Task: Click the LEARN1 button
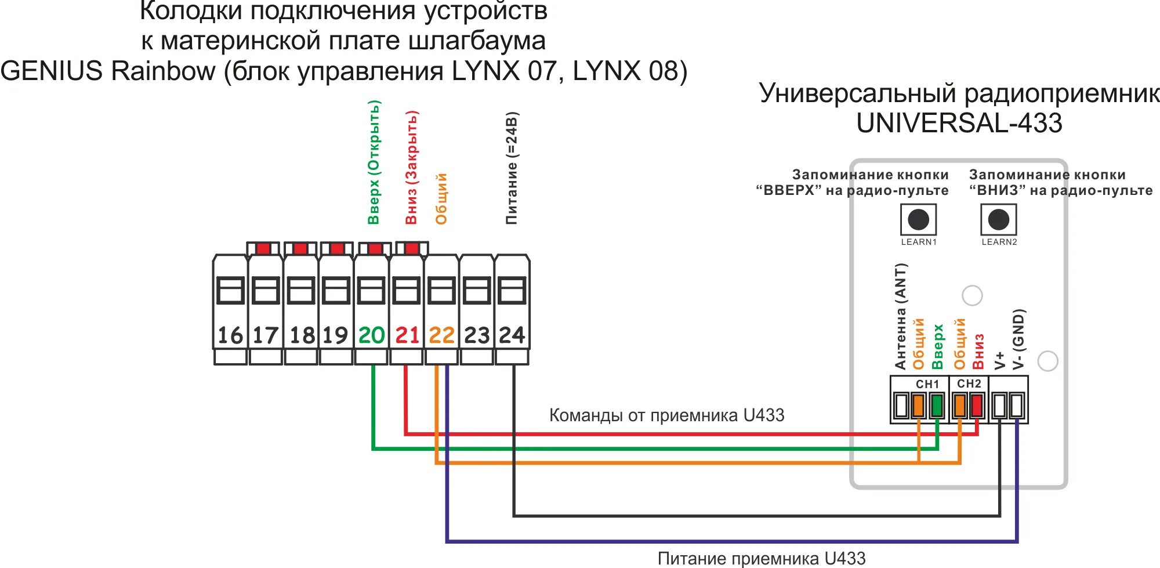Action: click(x=918, y=220)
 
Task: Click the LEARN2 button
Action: click(x=998, y=220)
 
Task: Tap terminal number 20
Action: click(x=371, y=335)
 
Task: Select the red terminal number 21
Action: click(x=407, y=335)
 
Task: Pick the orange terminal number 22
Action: click(x=441, y=335)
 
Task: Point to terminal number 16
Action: click(x=230, y=335)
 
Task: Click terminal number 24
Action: click(x=512, y=335)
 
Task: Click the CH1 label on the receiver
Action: click(x=927, y=384)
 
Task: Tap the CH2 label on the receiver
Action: click(x=969, y=384)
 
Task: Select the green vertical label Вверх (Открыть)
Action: click(x=374, y=162)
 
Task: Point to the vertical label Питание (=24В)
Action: click(x=512, y=168)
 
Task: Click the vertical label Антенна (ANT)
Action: click(x=900, y=316)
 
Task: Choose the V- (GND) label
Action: click(x=1018, y=339)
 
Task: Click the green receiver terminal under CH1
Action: click(x=936, y=405)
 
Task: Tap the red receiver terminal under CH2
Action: click(x=977, y=405)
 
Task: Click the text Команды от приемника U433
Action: click(x=666, y=415)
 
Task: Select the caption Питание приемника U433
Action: click(x=761, y=558)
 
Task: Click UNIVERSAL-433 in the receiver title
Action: click(x=959, y=123)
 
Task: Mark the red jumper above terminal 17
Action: click(x=263, y=249)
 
